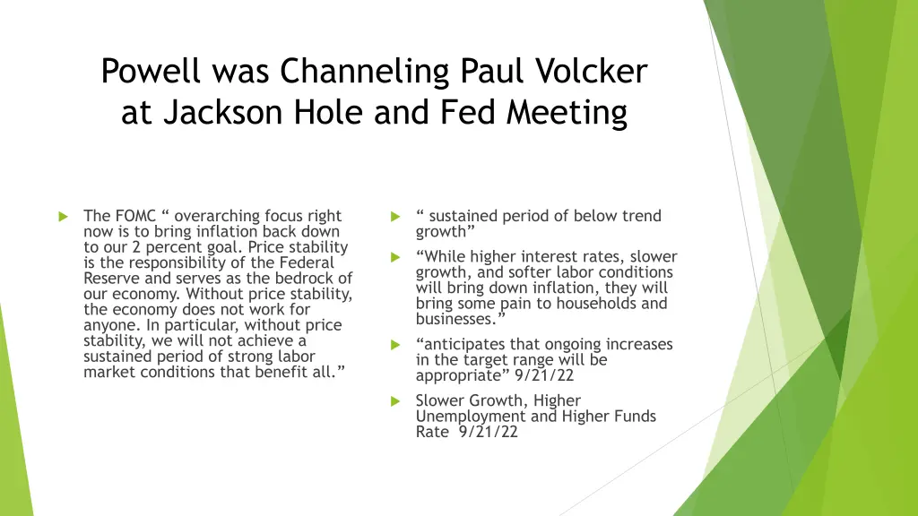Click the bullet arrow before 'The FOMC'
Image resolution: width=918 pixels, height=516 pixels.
63,217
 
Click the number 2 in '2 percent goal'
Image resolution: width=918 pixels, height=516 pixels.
135,247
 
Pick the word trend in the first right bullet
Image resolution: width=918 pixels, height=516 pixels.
642,216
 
